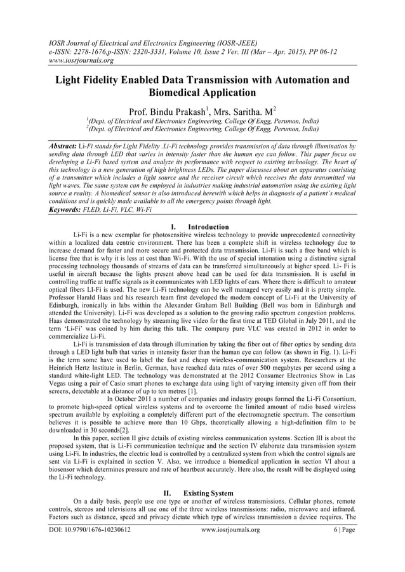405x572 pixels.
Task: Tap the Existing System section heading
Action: (207, 493)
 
